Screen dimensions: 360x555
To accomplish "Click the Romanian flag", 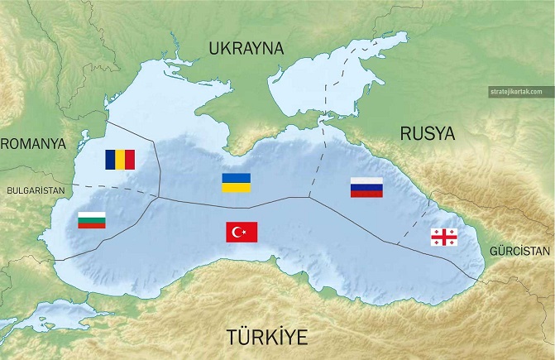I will click(119, 159).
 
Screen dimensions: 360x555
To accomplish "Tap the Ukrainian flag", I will click(236, 183).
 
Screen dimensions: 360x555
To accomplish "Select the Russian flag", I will click(366, 187).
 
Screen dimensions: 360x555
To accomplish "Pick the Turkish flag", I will click(242, 232).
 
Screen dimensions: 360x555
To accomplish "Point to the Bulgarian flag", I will click(91, 220).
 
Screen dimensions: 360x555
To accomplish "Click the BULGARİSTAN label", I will click(35, 190).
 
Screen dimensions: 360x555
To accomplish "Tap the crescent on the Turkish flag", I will click(238, 232).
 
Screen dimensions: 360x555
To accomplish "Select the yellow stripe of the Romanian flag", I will click(119, 159).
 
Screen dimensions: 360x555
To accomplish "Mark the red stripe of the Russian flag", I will click(366, 194).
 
